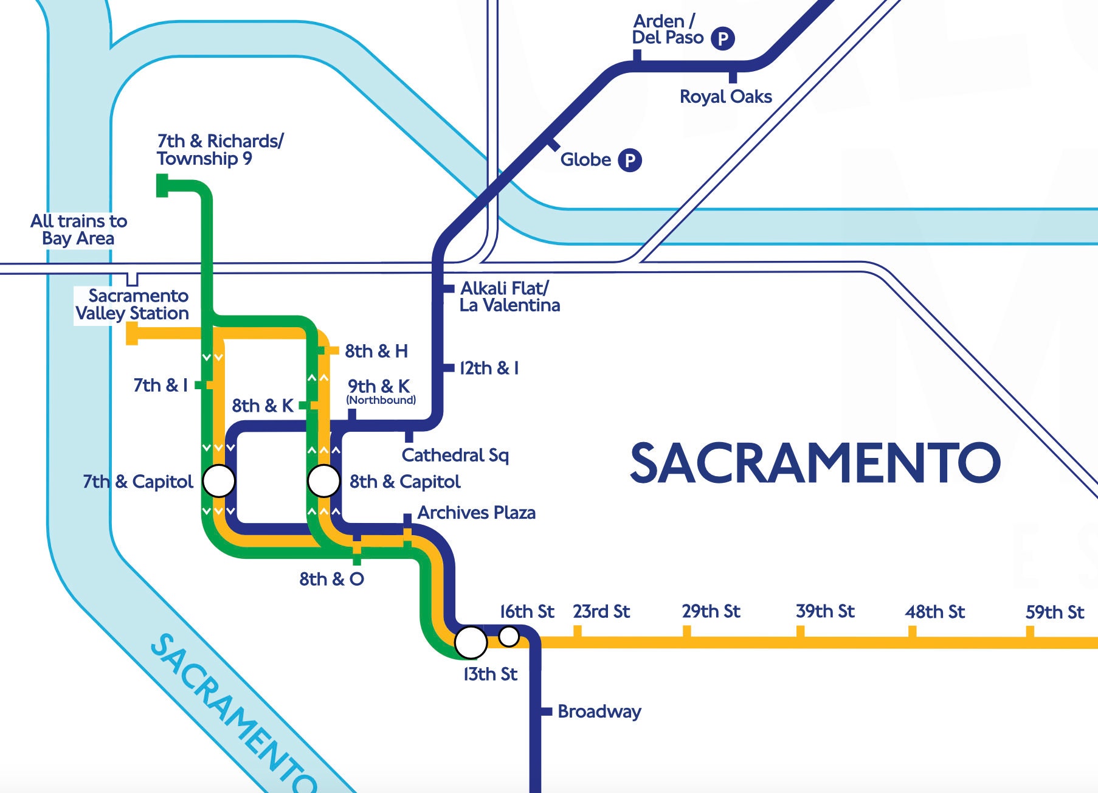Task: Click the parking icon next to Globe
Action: (630, 161)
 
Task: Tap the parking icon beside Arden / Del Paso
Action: (723, 39)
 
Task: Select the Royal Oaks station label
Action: (725, 97)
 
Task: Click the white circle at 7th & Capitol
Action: (218, 481)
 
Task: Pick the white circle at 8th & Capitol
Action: (323, 481)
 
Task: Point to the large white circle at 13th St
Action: (471, 642)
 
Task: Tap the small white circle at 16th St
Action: (508, 636)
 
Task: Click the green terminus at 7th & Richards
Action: (162, 185)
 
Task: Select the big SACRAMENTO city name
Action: (815, 463)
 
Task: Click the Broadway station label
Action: (599, 712)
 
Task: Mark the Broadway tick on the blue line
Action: (546, 711)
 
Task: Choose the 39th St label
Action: (825, 611)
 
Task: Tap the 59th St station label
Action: (1054, 612)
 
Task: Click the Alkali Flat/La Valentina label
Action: (509, 296)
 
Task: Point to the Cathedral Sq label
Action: (455, 455)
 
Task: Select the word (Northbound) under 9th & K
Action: (381, 400)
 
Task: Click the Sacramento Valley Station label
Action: (133, 305)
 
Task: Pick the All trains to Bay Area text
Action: (78, 229)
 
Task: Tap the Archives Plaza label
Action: (476, 513)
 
